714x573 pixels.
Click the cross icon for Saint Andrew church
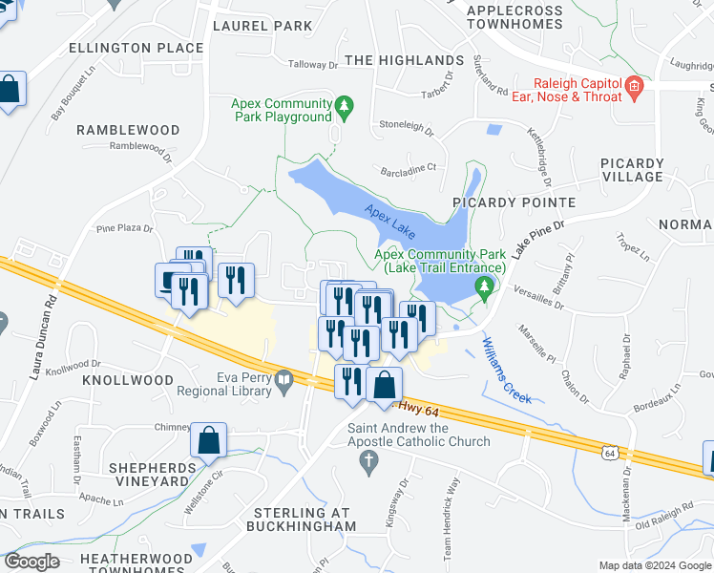(369, 462)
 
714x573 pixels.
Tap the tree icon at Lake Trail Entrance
(487, 286)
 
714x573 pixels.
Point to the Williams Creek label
(507, 370)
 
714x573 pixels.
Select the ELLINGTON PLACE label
(136, 48)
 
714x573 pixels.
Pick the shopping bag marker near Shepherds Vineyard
(208, 442)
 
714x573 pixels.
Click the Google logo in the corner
(31, 562)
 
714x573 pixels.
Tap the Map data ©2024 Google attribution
(654, 565)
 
